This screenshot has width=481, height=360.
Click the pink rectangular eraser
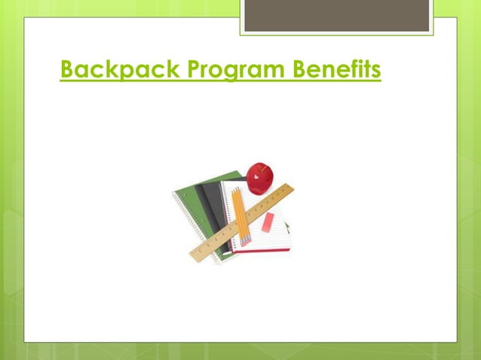pyautogui.click(x=268, y=223)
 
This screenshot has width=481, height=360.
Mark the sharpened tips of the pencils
pyautogui.click(x=244, y=243)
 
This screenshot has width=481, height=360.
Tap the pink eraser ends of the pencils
pyautogui.click(x=234, y=189)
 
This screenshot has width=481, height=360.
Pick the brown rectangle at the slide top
pyautogui.click(x=337, y=15)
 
